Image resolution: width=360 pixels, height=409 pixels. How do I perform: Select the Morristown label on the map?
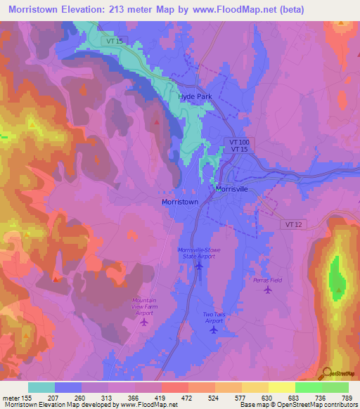(x=180, y=202)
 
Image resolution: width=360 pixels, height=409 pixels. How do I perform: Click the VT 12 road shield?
(x=294, y=223)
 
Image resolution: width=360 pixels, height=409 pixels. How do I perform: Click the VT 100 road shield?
(x=238, y=142)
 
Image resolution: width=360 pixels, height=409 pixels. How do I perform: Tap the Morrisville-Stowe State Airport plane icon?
(x=199, y=266)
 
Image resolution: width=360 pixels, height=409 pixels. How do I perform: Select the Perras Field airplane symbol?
(x=267, y=291)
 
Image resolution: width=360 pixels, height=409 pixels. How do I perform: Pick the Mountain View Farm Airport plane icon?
(x=145, y=322)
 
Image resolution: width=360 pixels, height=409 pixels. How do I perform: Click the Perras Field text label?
(x=267, y=280)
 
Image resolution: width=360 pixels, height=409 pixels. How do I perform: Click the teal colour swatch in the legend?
(x=41, y=387)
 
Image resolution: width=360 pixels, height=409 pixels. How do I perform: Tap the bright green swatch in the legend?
(x=308, y=387)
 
